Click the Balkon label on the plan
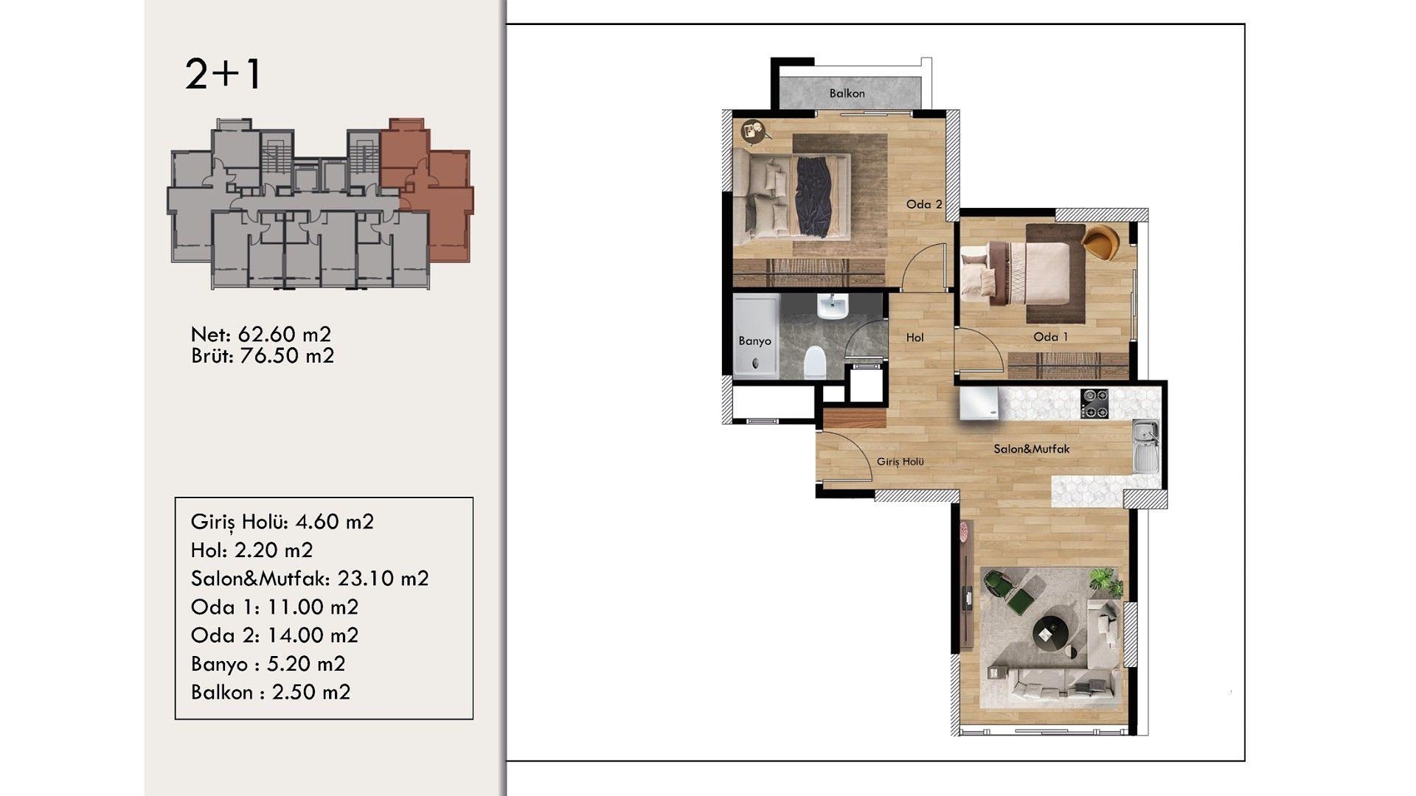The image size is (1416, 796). [x=847, y=94]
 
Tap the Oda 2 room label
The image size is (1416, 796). [x=924, y=204]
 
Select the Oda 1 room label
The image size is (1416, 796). [x=1051, y=337]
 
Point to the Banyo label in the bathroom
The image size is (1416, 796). [x=755, y=341]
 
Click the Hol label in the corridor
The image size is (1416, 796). [x=915, y=338]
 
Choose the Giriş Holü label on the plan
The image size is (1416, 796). [x=900, y=461]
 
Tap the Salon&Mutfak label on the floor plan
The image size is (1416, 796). [x=1032, y=449]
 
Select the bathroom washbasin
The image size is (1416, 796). [x=833, y=306]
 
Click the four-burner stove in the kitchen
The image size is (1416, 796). [x=1094, y=404]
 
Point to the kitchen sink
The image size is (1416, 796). [x=1145, y=447]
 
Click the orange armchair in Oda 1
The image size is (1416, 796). [x=1101, y=242]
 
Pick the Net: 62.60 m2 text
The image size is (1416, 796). [x=261, y=335]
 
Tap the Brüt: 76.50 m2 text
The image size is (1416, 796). [x=263, y=356]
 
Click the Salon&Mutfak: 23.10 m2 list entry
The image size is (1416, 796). [x=310, y=579]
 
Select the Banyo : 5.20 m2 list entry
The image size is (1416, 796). [x=268, y=664]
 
